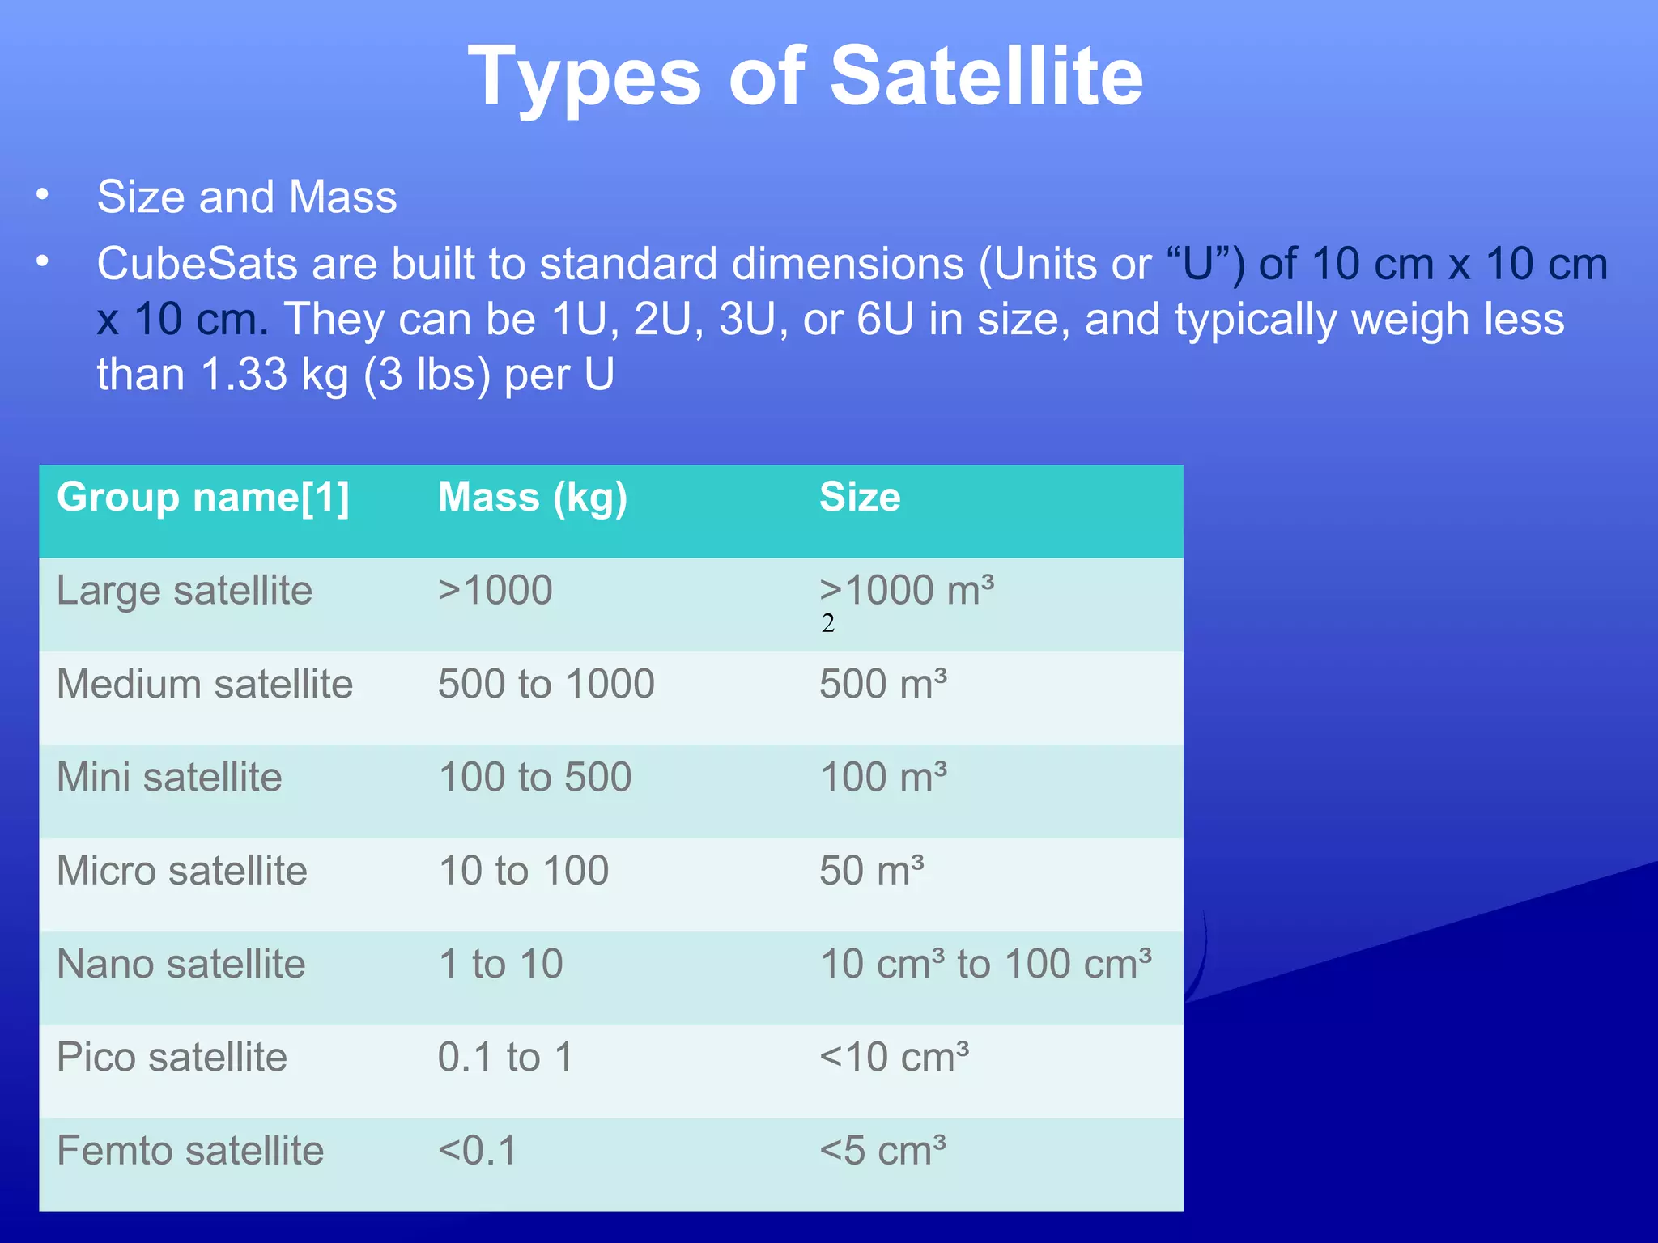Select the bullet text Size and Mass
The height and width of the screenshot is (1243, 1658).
[247, 197]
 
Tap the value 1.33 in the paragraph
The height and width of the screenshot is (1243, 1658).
[244, 375]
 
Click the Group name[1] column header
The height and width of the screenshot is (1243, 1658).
[203, 497]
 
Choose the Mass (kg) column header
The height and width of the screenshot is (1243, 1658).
[532, 497]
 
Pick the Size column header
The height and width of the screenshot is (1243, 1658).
[859, 497]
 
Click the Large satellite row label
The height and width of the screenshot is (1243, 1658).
[185, 590]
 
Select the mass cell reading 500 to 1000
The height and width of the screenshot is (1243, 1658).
[546, 684]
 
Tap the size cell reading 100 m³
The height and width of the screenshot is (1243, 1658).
[882, 777]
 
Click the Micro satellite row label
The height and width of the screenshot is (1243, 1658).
[182, 871]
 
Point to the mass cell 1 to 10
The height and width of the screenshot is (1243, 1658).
[500, 964]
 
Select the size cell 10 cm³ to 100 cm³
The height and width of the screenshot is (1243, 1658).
[985, 964]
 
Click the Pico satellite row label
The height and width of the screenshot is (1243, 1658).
[172, 1057]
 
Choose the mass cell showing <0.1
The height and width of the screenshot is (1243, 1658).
[477, 1151]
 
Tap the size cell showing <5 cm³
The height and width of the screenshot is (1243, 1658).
[882, 1151]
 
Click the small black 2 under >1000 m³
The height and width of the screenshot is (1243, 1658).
[827, 623]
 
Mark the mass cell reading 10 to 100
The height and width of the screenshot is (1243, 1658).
[523, 871]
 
